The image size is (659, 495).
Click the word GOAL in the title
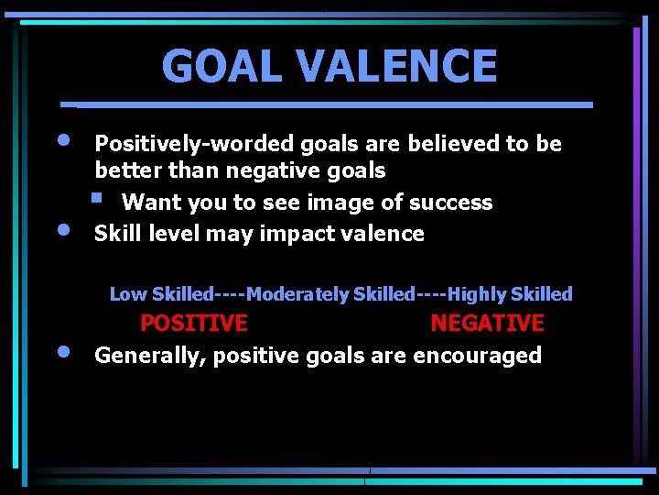pyautogui.click(x=211, y=66)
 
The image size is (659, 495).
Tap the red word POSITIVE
pyautogui.click(x=193, y=324)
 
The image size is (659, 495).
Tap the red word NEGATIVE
pyautogui.click(x=487, y=324)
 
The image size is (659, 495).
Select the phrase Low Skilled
pyautogui.click(x=161, y=294)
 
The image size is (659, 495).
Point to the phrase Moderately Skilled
pyautogui.click(x=330, y=294)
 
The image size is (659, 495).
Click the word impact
pyautogui.click(x=294, y=234)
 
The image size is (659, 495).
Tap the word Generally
pyautogui.click(x=149, y=356)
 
